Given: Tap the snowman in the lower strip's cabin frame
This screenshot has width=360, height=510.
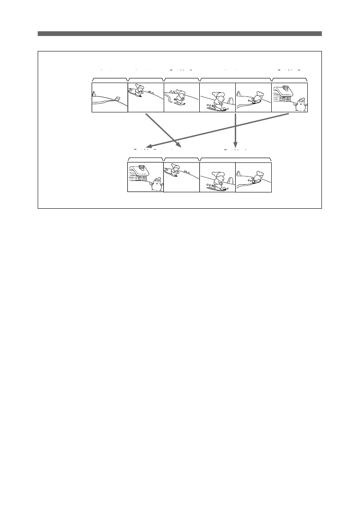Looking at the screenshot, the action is [156, 184].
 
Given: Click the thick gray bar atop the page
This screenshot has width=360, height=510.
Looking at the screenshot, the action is [180, 33].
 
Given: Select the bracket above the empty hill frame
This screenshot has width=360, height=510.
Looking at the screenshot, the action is [110, 79].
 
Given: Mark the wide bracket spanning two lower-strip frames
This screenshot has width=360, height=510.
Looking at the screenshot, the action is [235, 159].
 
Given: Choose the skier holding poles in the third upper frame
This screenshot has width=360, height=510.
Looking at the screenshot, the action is [180, 97].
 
